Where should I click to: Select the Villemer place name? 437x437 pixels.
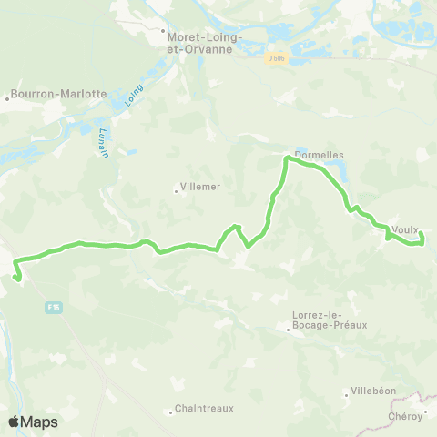[x=201, y=186]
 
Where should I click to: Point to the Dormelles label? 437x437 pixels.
[x=319, y=155]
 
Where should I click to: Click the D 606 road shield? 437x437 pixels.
[x=277, y=58]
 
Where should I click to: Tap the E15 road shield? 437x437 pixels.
[x=56, y=309]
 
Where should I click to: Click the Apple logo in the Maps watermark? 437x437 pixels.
[x=14, y=422]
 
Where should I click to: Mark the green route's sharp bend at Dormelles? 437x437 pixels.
[x=289, y=158]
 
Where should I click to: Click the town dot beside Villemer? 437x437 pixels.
[x=176, y=190]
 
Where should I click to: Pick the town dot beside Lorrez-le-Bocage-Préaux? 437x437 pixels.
[x=289, y=330]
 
